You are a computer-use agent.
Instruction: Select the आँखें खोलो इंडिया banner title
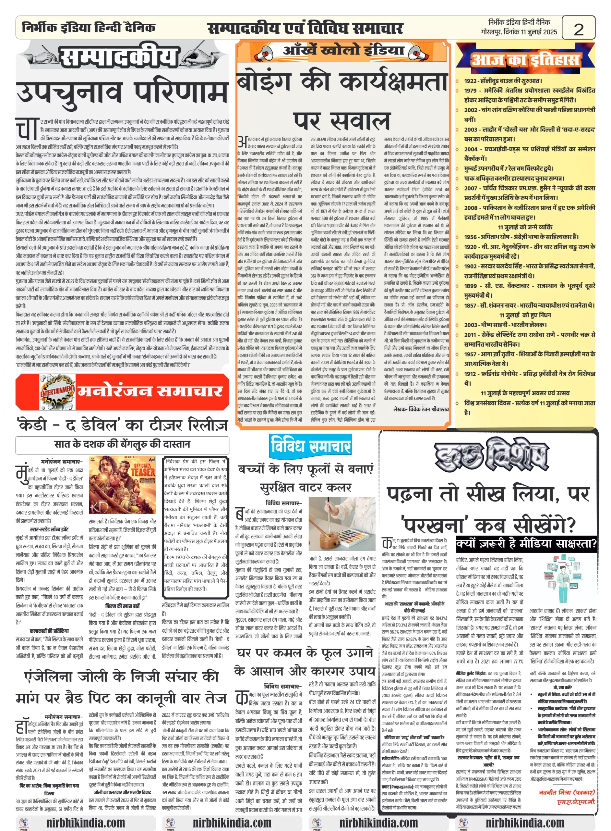tap(343, 50)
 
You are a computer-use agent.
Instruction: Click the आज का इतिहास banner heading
tap(525, 60)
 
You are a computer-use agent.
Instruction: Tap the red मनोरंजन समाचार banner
tap(150, 391)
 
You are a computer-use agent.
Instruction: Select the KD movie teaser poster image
tap(122, 485)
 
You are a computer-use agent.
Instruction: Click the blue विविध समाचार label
tap(310, 446)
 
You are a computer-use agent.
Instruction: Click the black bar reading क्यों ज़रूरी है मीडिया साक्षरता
tap(526, 543)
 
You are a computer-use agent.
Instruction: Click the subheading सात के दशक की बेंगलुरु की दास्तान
tap(122, 444)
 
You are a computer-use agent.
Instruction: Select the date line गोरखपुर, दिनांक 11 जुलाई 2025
tap(519, 32)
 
